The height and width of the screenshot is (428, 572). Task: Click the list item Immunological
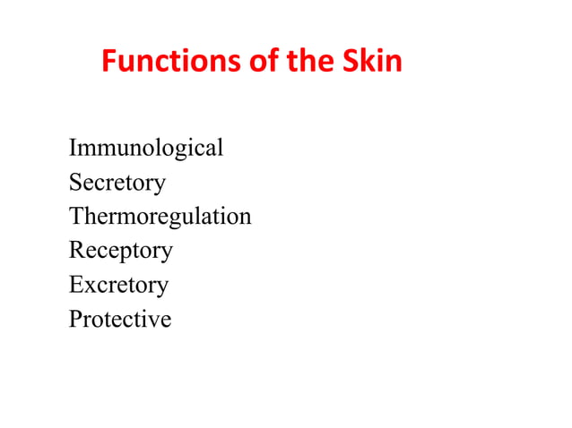pyautogui.click(x=146, y=149)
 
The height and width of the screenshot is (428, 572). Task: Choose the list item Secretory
pyautogui.click(x=117, y=183)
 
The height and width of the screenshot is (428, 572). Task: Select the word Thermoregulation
pyautogui.click(x=160, y=217)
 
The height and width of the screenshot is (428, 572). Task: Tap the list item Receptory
pyautogui.click(x=121, y=251)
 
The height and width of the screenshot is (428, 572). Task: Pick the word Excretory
pyautogui.click(x=118, y=285)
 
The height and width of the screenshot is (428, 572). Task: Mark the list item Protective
pyautogui.click(x=120, y=319)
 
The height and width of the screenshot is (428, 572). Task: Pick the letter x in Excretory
pyautogui.click(x=88, y=286)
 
